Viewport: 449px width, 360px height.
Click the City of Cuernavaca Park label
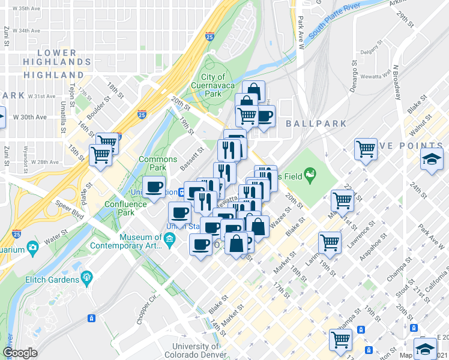pyautogui.click(x=213, y=85)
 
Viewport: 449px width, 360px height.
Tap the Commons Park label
pyautogui.click(x=158, y=163)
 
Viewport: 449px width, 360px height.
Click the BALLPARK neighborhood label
pyautogui.click(x=316, y=124)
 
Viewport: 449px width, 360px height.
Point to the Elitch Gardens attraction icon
pyautogui.click(x=88, y=277)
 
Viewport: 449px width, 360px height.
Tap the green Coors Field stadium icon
pyautogui.click(x=310, y=175)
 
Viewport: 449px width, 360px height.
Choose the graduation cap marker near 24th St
pyautogui.click(x=431, y=159)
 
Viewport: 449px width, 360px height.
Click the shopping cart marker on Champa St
pyautogui.click(x=340, y=339)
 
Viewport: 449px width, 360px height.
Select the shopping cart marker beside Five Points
pyautogui.click(x=366, y=148)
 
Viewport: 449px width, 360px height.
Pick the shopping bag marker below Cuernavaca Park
pyautogui.click(x=253, y=91)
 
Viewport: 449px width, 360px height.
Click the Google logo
pyautogui.click(x=20, y=353)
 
